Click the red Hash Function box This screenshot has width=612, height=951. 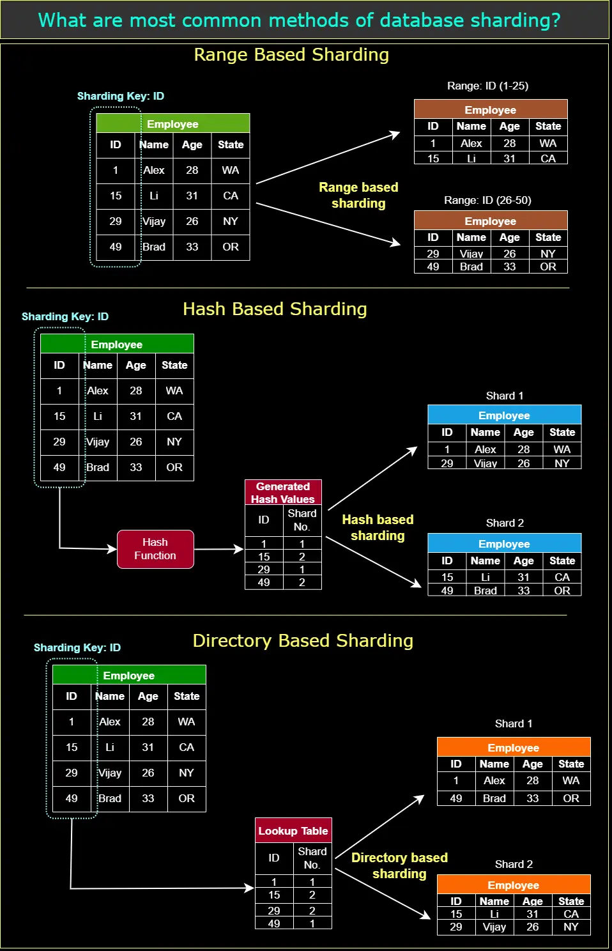click(155, 549)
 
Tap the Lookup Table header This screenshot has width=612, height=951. click(293, 830)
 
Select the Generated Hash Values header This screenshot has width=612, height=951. click(283, 493)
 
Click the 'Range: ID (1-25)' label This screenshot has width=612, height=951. click(487, 86)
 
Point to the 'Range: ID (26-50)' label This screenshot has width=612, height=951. click(487, 200)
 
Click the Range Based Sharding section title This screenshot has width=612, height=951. click(291, 55)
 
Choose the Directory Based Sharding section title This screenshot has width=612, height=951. click(303, 640)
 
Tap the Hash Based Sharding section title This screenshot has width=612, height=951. click(275, 309)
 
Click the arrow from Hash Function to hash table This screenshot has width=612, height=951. click(218, 549)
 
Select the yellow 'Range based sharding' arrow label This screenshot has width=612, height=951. click(358, 196)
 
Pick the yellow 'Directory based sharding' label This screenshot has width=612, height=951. click(399, 865)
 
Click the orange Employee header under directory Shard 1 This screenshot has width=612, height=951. click(514, 747)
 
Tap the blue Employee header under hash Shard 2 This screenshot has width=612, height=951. click(504, 543)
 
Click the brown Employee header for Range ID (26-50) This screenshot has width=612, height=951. click(491, 220)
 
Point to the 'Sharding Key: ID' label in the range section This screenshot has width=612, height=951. click(121, 96)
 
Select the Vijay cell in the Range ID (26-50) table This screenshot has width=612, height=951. click(471, 254)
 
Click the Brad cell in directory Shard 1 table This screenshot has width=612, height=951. click(494, 798)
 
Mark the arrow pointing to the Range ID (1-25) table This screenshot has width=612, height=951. click(328, 157)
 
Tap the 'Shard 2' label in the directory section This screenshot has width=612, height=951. click(514, 864)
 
